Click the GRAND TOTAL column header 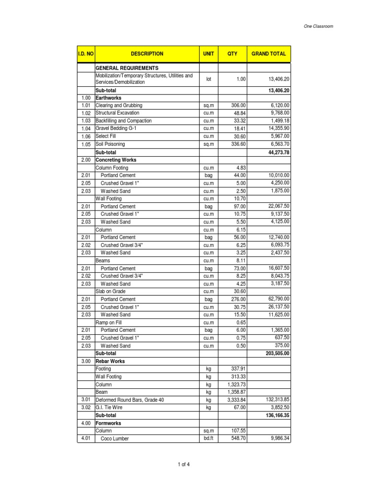[x=268, y=54]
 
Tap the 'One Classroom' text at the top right [x=319, y=26]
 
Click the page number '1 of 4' [x=184, y=464]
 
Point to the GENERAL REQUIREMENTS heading [x=127, y=68]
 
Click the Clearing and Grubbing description [x=119, y=105]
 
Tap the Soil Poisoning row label [x=110, y=144]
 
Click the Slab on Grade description [x=111, y=292]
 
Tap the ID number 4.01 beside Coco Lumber [x=85, y=438]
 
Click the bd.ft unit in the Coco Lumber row [x=208, y=438]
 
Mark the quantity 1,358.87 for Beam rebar [x=235, y=392]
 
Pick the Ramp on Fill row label [x=109, y=323]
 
